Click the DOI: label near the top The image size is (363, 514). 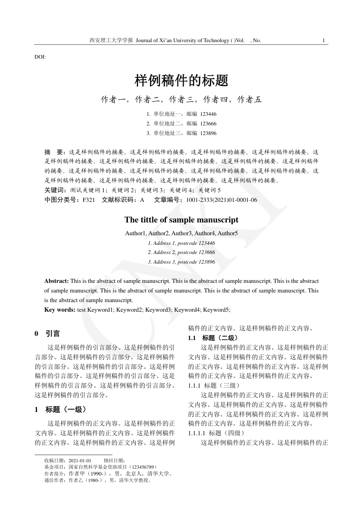40,57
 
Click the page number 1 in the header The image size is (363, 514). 324,40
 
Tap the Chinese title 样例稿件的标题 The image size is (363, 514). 181,81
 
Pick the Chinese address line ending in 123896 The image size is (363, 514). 181,133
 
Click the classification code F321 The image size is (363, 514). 89,200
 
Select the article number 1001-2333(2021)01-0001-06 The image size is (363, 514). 221,200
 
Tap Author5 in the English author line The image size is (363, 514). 228,233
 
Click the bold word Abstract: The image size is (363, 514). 57,281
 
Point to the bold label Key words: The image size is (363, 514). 60,310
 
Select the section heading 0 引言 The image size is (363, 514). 48,334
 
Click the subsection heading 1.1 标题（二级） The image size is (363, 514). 213,338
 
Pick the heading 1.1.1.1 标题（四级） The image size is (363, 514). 217,433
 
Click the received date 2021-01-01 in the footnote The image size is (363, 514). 80,460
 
